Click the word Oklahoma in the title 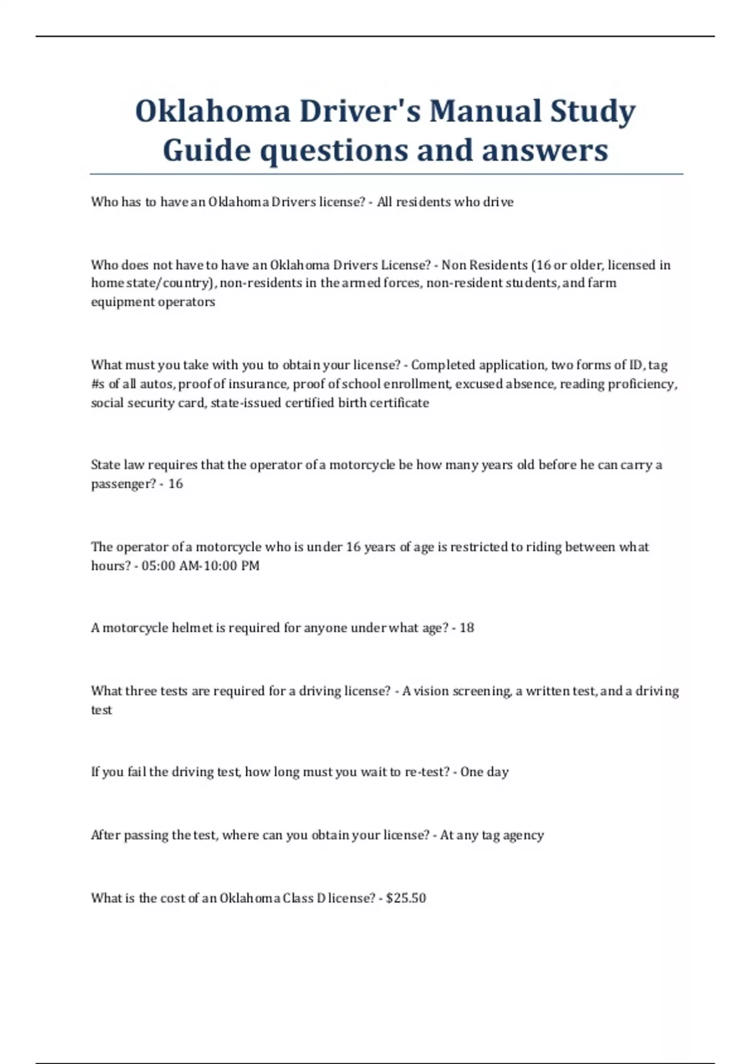pyautogui.click(x=213, y=111)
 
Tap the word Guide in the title pyautogui.click(x=207, y=151)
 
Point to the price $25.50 pyautogui.click(x=406, y=898)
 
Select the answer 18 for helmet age pyautogui.click(x=467, y=628)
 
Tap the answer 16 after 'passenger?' pyautogui.click(x=175, y=484)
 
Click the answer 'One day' pyautogui.click(x=484, y=772)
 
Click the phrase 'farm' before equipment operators pyautogui.click(x=603, y=283)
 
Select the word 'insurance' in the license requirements pyautogui.click(x=258, y=384)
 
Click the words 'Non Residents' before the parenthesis pyautogui.click(x=484, y=265)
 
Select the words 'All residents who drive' pyautogui.click(x=445, y=202)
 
